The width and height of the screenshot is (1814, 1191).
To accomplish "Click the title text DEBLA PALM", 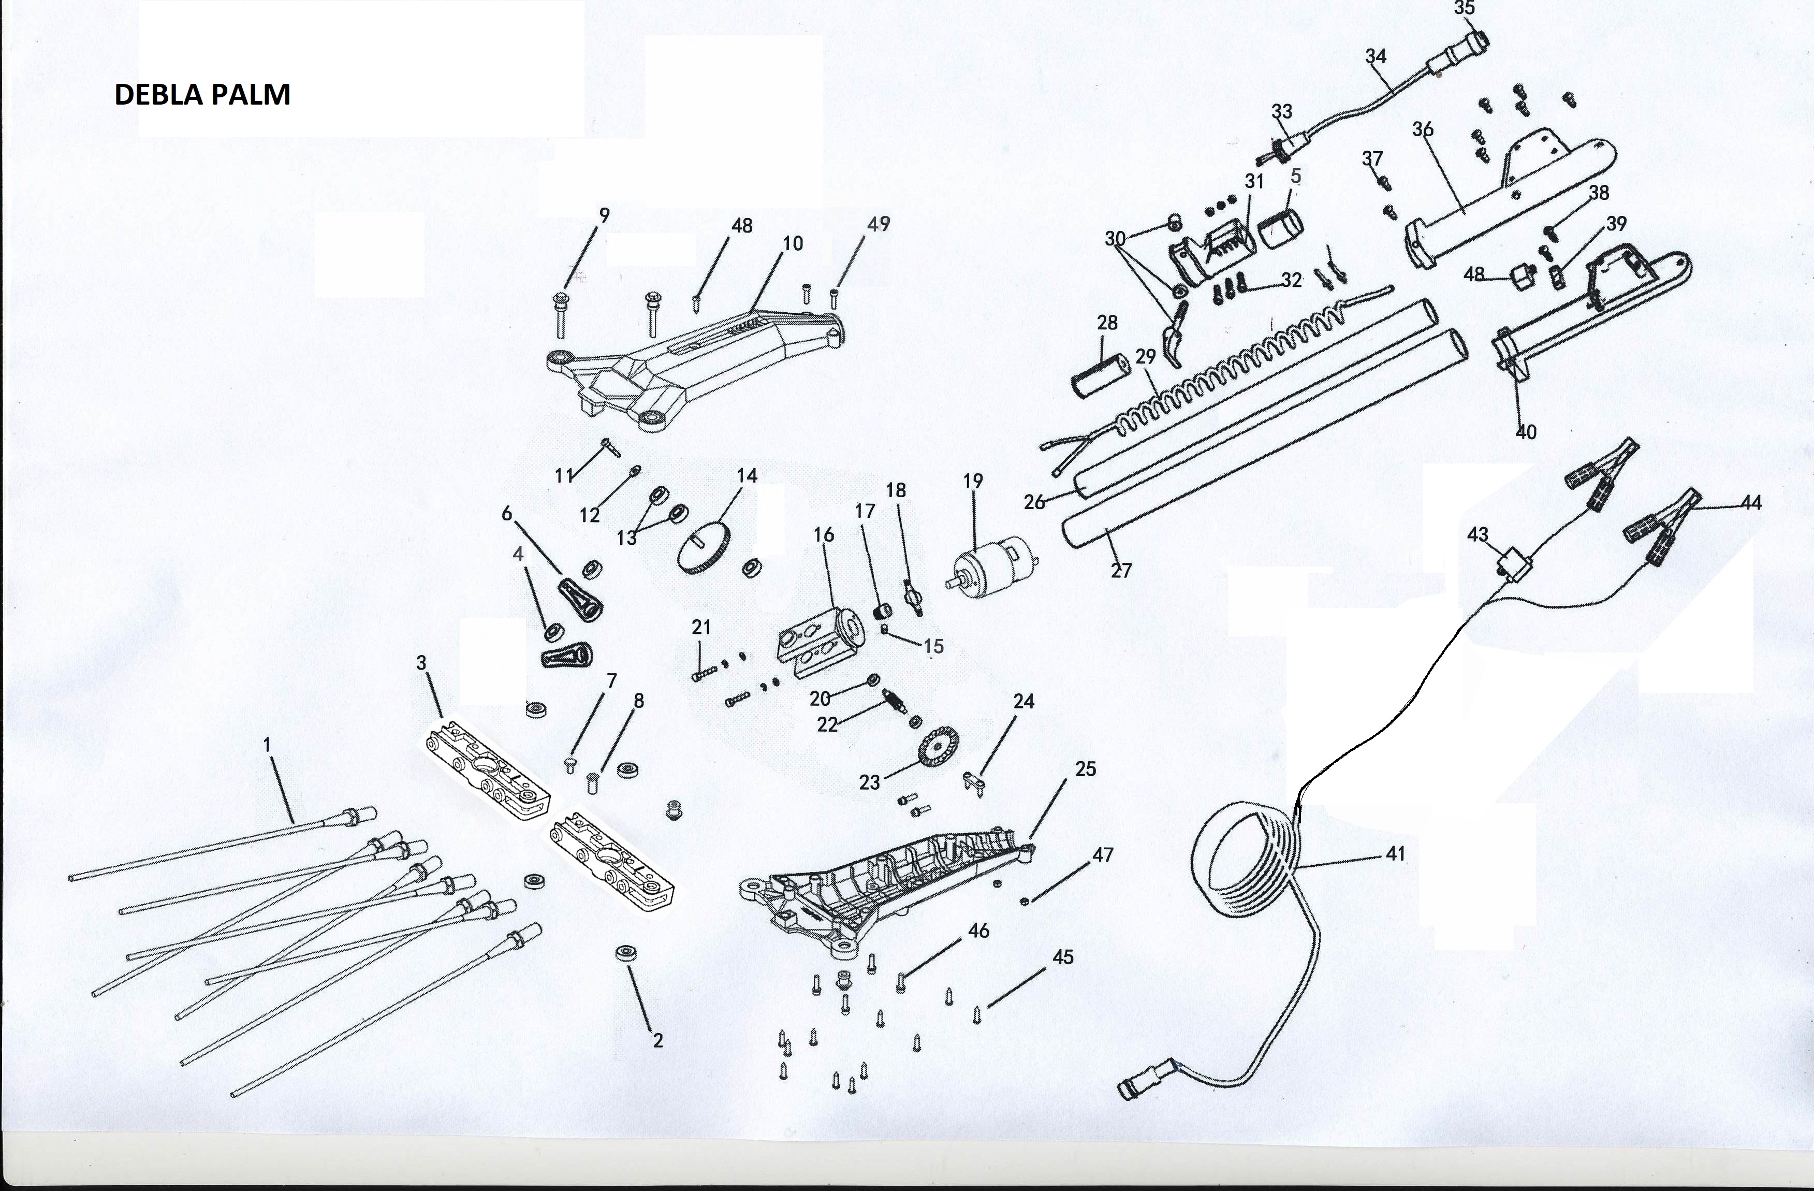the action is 202,95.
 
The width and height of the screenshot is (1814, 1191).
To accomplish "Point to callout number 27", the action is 1121,570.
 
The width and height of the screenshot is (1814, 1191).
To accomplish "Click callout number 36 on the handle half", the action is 1422,129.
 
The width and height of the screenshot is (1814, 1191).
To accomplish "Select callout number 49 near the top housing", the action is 879,224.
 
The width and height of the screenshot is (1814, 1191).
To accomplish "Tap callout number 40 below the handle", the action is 1525,431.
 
